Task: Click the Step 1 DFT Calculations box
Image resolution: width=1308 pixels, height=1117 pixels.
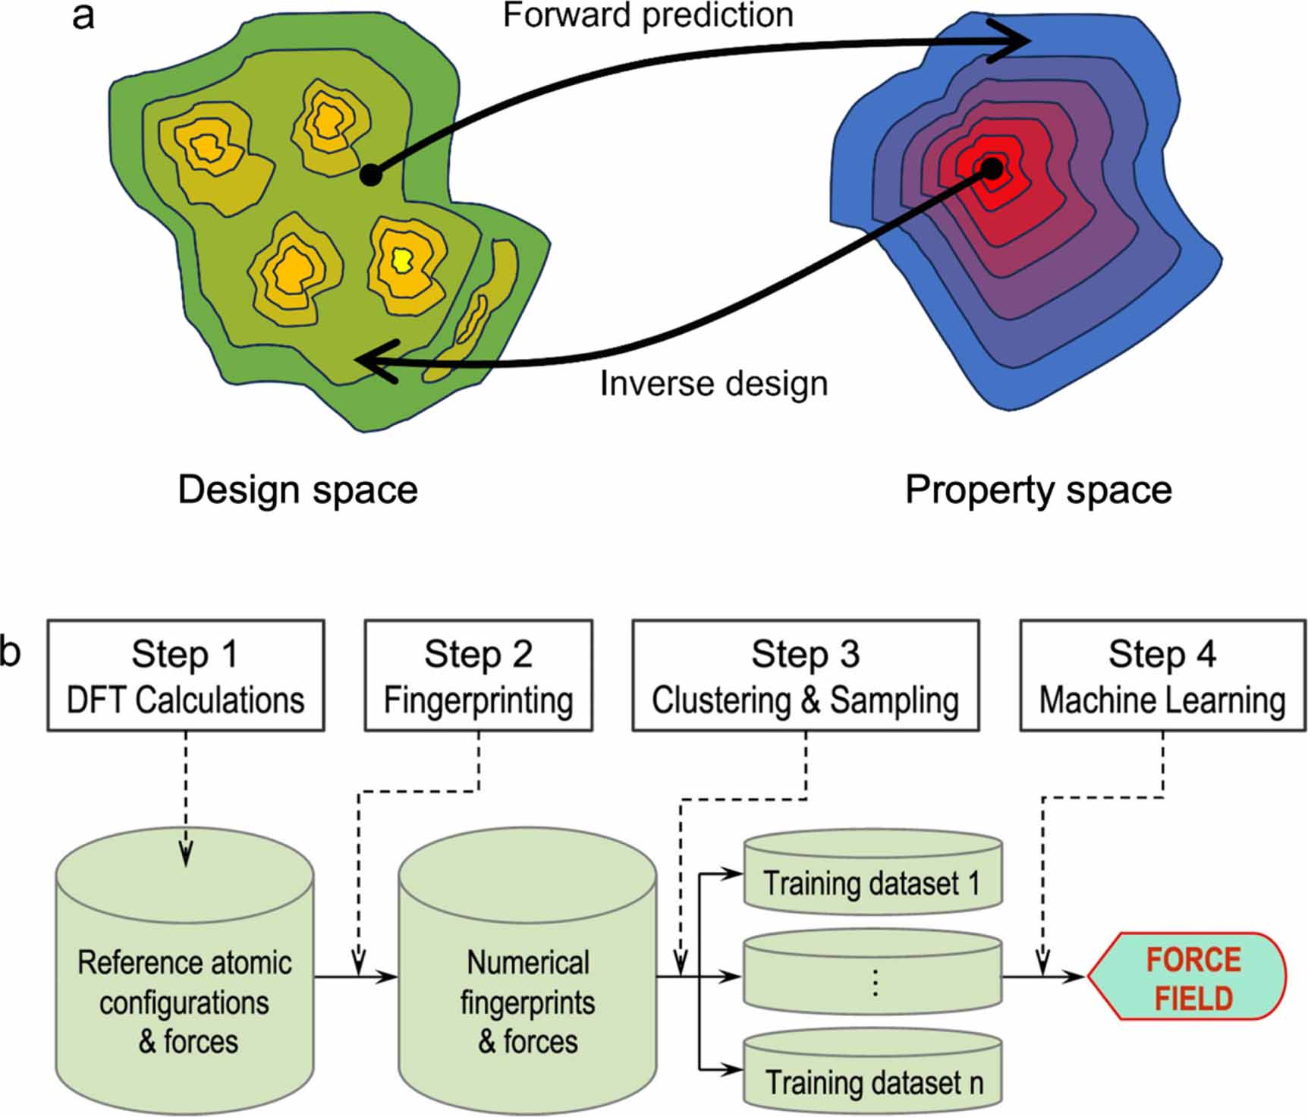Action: [186, 675]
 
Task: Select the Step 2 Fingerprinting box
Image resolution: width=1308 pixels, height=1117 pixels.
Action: [478, 675]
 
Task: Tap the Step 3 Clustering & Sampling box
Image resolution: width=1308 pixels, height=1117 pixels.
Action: [805, 675]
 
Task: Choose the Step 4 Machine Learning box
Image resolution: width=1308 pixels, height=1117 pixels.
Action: [1162, 675]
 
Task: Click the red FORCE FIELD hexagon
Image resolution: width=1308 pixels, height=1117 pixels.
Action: [1187, 977]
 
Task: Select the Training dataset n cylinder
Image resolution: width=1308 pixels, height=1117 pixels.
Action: [873, 1074]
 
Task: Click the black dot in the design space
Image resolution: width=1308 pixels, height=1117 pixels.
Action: [370, 175]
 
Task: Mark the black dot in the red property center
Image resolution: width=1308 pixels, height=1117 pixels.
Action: [992, 168]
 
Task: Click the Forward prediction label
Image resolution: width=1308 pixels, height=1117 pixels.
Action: [647, 15]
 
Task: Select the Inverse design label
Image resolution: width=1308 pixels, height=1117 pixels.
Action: [713, 383]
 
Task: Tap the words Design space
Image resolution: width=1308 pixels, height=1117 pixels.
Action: [297, 489]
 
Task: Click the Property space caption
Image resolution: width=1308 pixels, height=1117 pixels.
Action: [1038, 489]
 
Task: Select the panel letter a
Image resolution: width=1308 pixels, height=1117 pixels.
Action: [83, 17]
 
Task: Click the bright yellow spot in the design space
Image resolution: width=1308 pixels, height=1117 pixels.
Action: [401, 260]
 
